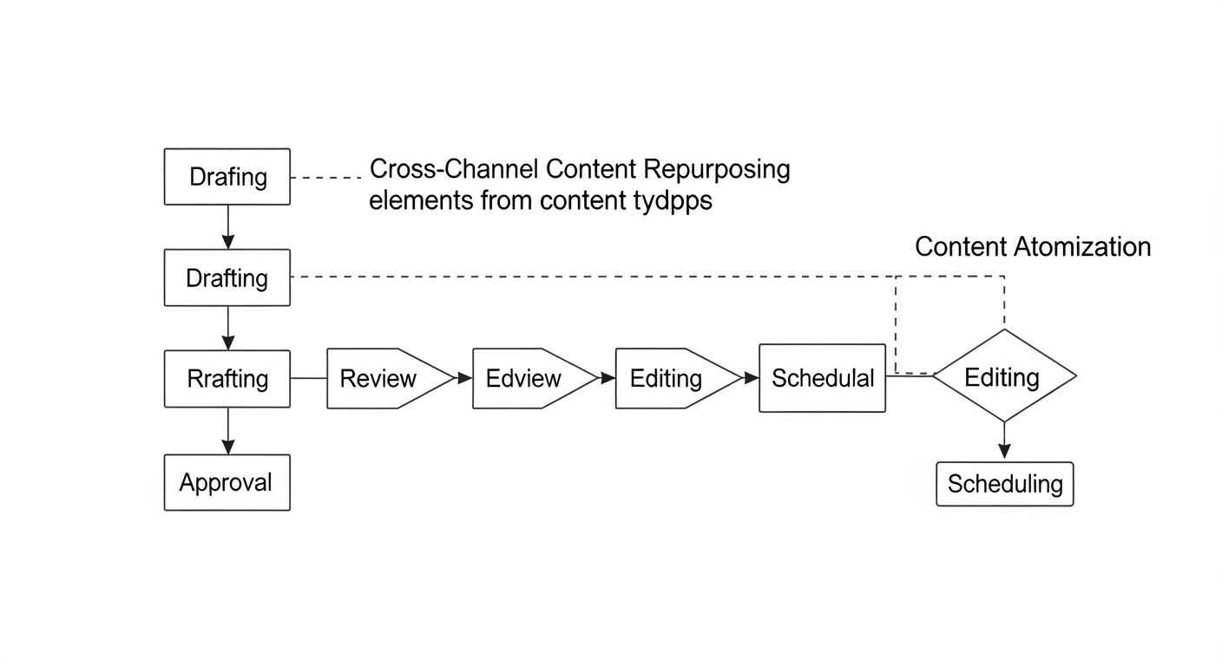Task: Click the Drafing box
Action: [x=227, y=177]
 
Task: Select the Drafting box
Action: [x=227, y=277]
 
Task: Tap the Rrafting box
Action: [x=227, y=378]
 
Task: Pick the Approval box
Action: [x=227, y=482]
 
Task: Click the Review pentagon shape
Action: [x=390, y=378]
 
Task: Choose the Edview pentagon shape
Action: [x=535, y=378]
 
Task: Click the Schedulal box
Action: [x=822, y=378]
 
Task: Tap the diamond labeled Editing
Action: [x=1004, y=375]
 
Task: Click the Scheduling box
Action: [x=1004, y=484]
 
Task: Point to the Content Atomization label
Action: [x=1033, y=247]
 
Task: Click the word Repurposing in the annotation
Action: [x=717, y=170]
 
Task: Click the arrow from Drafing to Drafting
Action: [x=228, y=227]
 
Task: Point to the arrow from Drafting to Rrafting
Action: [x=228, y=328]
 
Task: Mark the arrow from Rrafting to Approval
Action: [x=228, y=431]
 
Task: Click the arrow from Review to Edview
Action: [x=463, y=378]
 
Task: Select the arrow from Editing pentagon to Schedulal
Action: [x=750, y=378]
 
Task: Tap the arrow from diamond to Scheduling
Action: [x=1004, y=441]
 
